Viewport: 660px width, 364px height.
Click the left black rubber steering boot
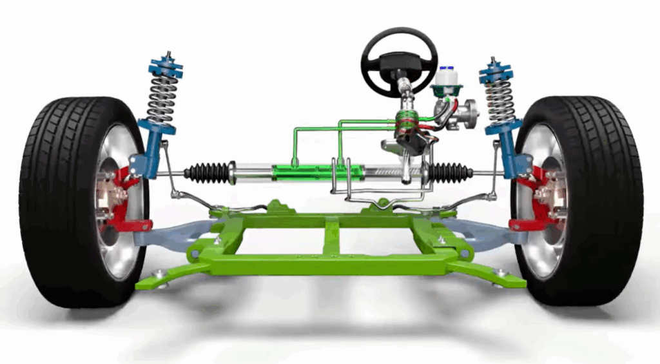[207, 172]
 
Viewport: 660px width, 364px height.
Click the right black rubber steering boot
[451, 172]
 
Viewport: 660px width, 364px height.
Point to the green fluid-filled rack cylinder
[316, 172]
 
